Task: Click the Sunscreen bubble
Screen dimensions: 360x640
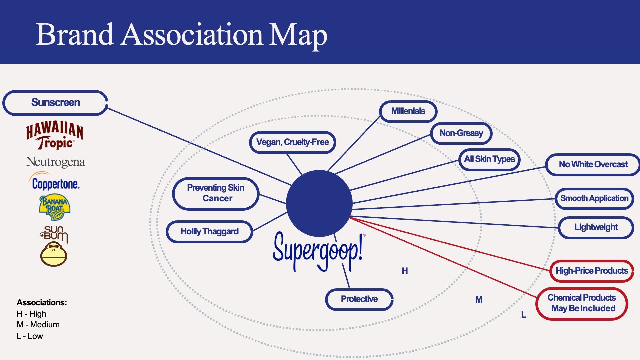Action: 55,103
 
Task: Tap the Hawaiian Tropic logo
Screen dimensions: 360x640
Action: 55,135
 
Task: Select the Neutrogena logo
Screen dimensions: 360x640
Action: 56,162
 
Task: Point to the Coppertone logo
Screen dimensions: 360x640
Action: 55,183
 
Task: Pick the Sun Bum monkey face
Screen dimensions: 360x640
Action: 54,254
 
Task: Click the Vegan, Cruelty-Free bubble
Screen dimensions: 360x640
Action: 292,142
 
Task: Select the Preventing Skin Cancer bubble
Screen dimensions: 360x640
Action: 216,193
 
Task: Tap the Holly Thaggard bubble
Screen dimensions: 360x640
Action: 209,231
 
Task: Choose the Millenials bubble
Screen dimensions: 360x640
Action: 408,111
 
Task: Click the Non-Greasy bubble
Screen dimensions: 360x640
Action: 461,133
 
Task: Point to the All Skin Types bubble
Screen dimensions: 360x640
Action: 489,159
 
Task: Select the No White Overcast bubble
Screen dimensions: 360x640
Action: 593,165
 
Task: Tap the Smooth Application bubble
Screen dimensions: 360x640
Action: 594,199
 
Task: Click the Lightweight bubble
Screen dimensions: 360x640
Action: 596,227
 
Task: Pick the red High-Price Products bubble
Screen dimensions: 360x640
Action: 592,271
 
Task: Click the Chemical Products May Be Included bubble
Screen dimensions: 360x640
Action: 582,303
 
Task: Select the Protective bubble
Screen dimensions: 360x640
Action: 359,299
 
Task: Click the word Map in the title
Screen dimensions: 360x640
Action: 298,35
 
